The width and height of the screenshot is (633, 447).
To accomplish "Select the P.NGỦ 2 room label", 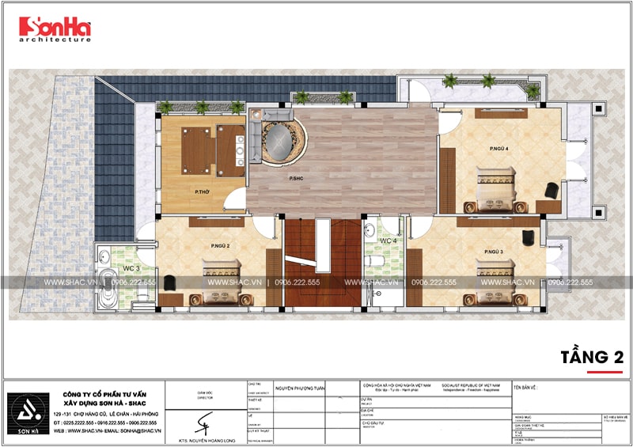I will [220, 245].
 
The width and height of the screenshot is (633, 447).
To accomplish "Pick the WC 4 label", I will [388, 241].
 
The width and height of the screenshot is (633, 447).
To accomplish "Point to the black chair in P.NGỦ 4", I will [550, 190].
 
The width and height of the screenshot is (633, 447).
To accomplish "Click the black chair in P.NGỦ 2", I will [171, 282].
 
